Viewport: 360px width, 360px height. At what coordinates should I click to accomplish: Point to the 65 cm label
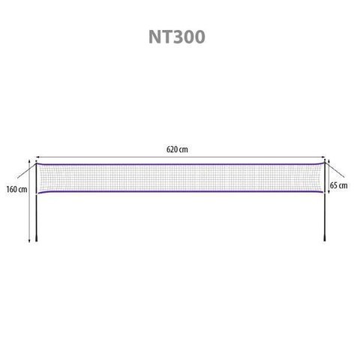pos(342,184)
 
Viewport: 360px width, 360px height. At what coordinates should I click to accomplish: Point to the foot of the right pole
pos(324,241)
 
